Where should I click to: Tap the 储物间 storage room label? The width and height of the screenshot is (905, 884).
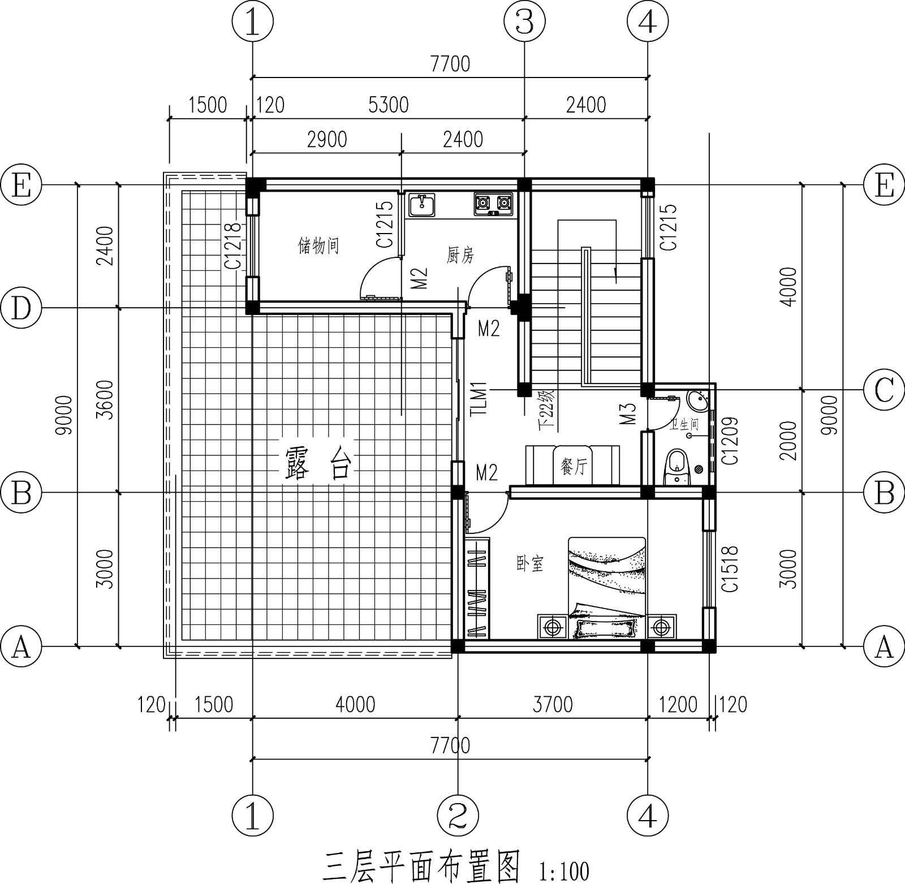coord(318,246)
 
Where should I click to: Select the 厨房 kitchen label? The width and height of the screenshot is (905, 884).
coord(460,256)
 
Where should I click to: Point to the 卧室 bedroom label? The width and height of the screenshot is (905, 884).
coord(530,563)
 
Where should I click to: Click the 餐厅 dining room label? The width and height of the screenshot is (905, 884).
coord(572,467)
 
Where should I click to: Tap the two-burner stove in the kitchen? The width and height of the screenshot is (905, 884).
coord(493,204)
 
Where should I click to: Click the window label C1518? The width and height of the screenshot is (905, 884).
coord(731,568)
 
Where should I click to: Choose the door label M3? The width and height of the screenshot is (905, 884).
coord(628,413)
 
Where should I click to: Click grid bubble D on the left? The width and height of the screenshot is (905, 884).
coord(21,308)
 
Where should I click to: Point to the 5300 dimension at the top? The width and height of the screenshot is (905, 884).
coord(388,105)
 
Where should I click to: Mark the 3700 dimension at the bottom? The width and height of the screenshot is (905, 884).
coord(553,704)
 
